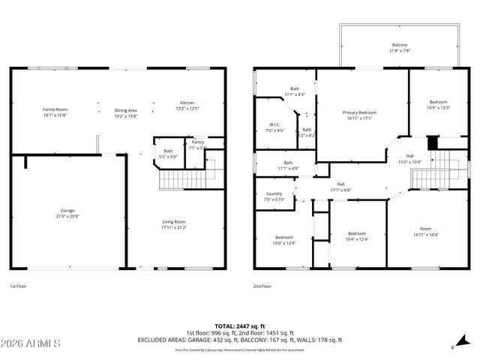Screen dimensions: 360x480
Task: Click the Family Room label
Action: [55, 109]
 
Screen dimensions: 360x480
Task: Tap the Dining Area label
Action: [125, 109]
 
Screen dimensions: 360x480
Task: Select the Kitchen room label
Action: [187, 103]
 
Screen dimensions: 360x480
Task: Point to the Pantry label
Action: [198, 142]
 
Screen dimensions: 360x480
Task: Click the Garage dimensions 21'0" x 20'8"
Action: [67, 216]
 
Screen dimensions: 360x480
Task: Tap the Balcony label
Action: [399, 44]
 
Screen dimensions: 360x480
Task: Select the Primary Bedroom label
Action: [360, 112]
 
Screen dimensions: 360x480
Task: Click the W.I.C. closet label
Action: [274, 124]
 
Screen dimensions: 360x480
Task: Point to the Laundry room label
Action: [274, 193]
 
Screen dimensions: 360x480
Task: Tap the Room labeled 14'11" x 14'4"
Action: [426, 232]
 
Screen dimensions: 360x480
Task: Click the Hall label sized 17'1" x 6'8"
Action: [340, 187]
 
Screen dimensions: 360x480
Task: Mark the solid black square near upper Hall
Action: [431, 142]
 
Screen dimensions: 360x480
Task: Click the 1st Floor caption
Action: [19, 286]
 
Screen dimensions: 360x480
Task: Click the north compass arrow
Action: [453, 346]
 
